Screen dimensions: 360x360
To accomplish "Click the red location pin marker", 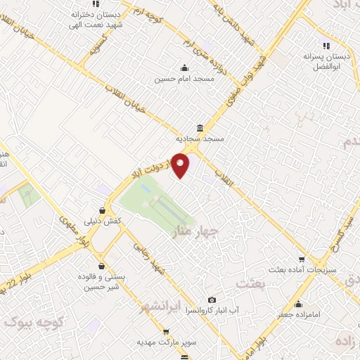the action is [181, 165].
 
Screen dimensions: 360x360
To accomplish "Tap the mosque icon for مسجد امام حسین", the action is [184, 68].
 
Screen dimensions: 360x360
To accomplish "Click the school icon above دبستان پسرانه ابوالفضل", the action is [326, 45].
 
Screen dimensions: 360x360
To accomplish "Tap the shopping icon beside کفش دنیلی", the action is [103, 210].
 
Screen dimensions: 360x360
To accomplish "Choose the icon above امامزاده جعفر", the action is [299, 304].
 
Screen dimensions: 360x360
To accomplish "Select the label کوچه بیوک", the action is [35, 323].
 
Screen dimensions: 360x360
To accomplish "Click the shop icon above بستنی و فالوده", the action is [103, 266].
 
